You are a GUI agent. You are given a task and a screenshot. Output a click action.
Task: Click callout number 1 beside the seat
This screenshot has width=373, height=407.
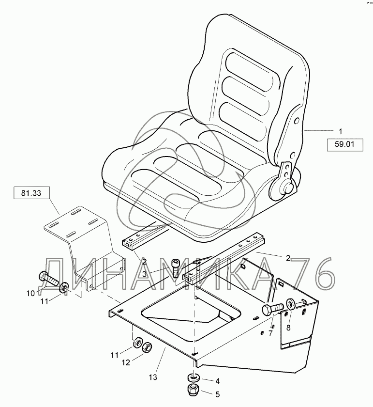[x=340, y=131]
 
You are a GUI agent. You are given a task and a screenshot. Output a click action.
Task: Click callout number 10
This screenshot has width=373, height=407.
[x=30, y=293]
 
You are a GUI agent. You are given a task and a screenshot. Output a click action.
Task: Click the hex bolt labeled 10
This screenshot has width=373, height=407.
[x=48, y=280]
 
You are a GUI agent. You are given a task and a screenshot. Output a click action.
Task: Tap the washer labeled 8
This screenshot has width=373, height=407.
[x=291, y=304]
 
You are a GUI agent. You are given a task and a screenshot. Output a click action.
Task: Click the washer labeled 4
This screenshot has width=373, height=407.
[x=193, y=377]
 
